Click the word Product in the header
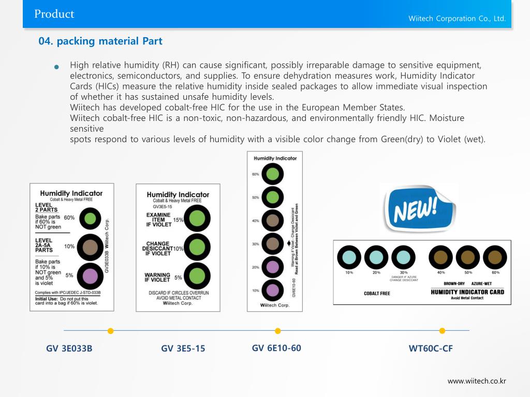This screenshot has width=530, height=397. click(54, 14)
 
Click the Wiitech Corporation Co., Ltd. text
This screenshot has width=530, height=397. click(457, 19)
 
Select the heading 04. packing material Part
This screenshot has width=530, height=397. click(100, 41)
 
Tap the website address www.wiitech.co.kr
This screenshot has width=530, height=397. click(477, 381)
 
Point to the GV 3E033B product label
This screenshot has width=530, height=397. click(69, 348)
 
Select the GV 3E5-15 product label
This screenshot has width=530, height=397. click(183, 348)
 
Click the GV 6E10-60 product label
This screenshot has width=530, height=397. click(276, 348)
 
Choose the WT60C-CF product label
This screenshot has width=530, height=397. click(431, 348)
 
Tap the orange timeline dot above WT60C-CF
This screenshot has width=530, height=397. click(442, 331)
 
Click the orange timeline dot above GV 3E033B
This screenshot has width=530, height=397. click(110, 331)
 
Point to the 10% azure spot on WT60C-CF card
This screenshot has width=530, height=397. click(349, 257)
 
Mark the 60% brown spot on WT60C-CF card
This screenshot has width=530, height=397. click(495, 257)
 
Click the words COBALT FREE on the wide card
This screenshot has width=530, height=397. click(377, 294)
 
